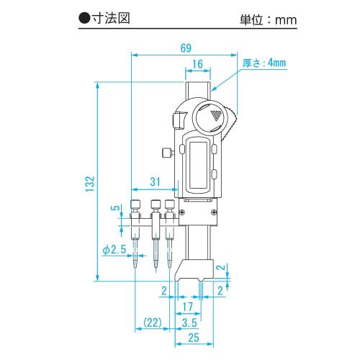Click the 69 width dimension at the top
click(185, 48)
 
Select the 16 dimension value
click(198, 65)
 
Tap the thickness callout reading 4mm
click(266, 63)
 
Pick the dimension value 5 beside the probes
click(113, 210)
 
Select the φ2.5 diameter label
click(114, 248)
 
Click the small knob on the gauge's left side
click(166, 152)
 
